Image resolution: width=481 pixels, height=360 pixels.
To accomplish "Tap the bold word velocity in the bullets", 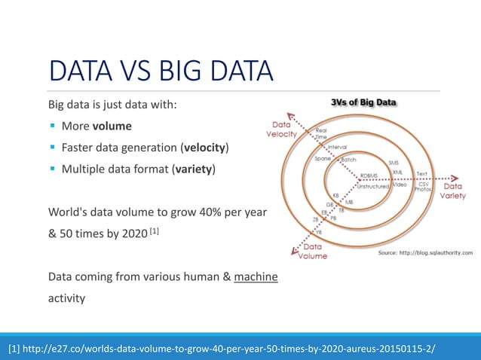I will tap(204, 146).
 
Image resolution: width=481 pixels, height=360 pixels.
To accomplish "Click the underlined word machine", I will tap(256, 278).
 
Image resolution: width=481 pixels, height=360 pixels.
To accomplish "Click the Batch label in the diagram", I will tap(349, 160).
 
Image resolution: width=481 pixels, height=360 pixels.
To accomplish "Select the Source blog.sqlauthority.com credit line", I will tap(424, 253).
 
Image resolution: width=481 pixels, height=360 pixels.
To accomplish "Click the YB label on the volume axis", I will tap(319, 232).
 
